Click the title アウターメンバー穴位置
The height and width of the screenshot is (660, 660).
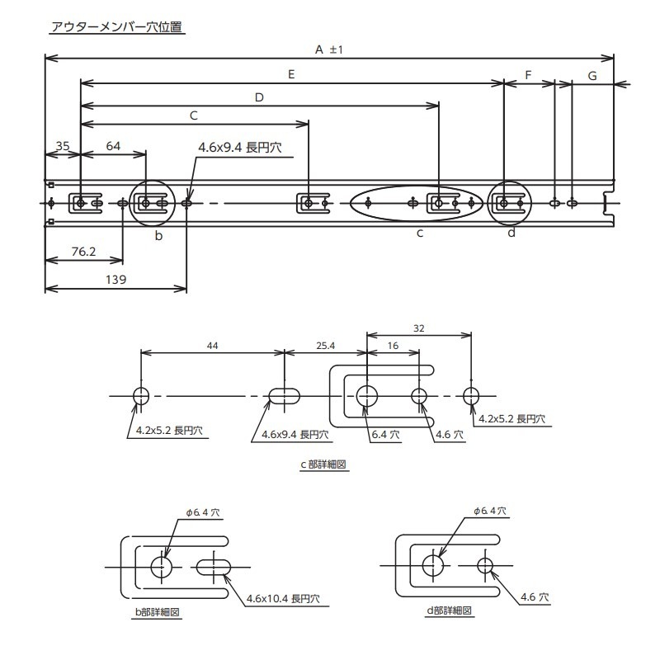117,27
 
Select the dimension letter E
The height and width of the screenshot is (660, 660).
291,74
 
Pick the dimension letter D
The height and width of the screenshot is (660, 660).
259,97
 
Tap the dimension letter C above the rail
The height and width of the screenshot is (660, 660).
193,115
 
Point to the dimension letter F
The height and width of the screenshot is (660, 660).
528,74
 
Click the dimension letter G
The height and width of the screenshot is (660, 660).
592,75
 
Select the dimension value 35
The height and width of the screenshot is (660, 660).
62,145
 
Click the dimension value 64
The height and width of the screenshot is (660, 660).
113,145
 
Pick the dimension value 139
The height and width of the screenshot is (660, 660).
115,280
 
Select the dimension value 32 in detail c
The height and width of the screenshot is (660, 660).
419,328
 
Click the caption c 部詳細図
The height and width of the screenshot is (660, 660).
323,464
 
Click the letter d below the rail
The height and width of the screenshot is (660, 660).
511,233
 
